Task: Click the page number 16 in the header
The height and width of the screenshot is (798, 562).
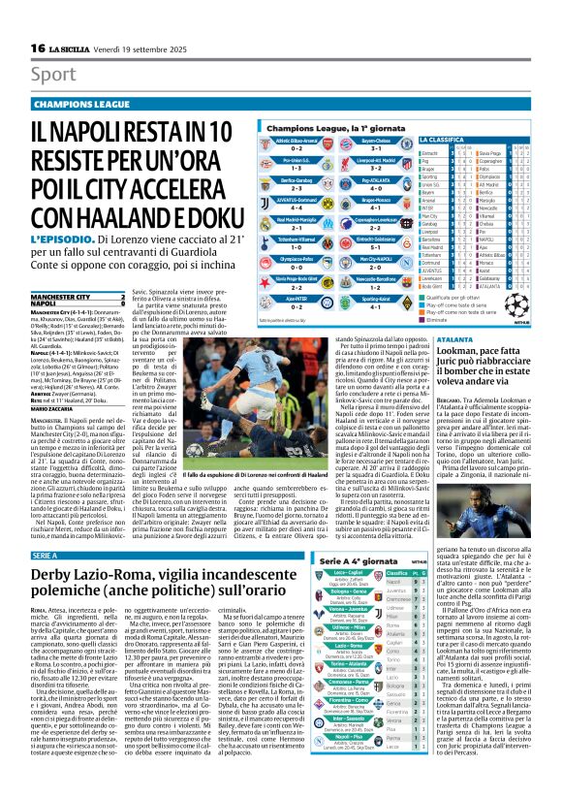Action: coord(38,48)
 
